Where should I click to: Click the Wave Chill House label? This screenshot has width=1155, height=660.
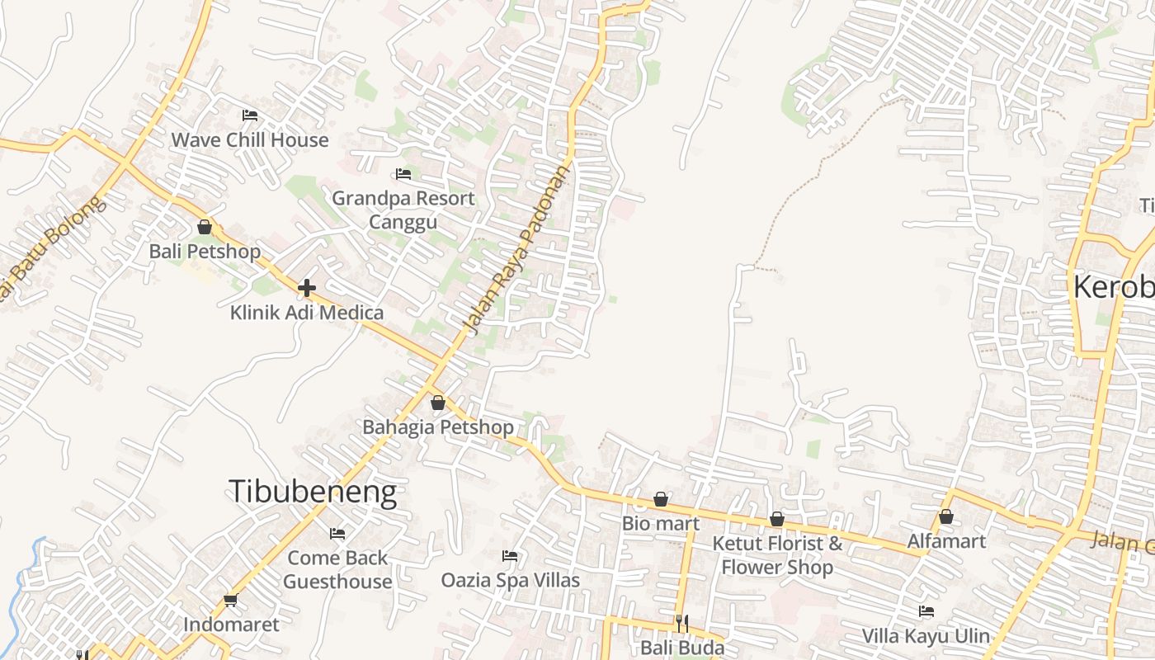coord(249,140)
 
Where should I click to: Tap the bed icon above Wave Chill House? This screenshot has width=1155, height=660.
coord(250,115)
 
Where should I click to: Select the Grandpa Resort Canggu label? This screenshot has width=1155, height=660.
coord(403,210)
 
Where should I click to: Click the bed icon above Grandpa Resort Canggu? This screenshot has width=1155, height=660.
coord(403,173)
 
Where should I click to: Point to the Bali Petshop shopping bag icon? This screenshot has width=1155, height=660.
coord(205,227)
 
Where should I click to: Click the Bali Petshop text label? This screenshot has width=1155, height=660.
coord(205,251)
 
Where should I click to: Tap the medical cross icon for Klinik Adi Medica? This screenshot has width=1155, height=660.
coord(307,288)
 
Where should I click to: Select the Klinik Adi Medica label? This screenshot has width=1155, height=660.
coord(307,313)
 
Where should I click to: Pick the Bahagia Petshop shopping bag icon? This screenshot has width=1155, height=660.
coord(438,403)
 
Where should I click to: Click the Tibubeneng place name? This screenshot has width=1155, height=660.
coord(313,492)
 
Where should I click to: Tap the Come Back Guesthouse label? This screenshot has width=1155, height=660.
coord(337,569)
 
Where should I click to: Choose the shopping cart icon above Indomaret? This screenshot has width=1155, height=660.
coord(230,601)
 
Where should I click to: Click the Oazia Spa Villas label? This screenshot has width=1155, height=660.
coord(510,580)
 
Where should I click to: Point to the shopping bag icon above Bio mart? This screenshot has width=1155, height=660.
coord(661,499)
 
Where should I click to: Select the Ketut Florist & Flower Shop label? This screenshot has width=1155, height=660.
coord(777,555)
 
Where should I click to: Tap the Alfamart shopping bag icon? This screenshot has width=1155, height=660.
coord(946,517)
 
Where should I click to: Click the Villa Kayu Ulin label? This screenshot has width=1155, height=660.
coord(926,635)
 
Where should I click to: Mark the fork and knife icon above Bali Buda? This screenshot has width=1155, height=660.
coord(681,623)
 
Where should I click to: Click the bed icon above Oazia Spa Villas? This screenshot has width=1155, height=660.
coord(510,556)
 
